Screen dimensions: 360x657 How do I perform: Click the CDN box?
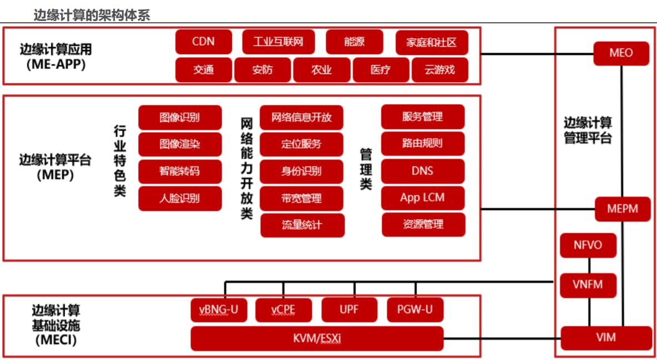[x=203, y=42]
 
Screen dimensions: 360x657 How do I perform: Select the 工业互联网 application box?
[x=279, y=42]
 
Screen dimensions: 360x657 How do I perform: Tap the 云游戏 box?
[x=439, y=70]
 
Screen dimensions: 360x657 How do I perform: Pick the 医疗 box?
[x=381, y=70]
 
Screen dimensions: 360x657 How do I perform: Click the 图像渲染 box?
[x=180, y=144]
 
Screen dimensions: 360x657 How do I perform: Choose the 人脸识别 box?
[x=180, y=198]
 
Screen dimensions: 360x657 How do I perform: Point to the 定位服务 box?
[x=301, y=144]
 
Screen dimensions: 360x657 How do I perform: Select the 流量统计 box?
[x=302, y=225]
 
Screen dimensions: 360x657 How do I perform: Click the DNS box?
[x=422, y=171]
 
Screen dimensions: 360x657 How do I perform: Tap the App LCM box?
[x=422, y=197]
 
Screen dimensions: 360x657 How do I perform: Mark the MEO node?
[x=621, y=53]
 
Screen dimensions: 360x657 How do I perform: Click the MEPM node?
[x=622, y=209]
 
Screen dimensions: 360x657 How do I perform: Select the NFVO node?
[x=588, y=245]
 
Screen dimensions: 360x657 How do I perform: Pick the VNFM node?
[x=588, y=286]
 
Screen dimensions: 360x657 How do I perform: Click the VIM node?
[x=606, y=337]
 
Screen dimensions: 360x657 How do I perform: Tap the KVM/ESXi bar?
[x=317, y=338]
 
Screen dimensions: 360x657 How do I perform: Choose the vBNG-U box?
[x=219, y=310]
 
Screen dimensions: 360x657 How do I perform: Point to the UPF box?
[x=349, y=310]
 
